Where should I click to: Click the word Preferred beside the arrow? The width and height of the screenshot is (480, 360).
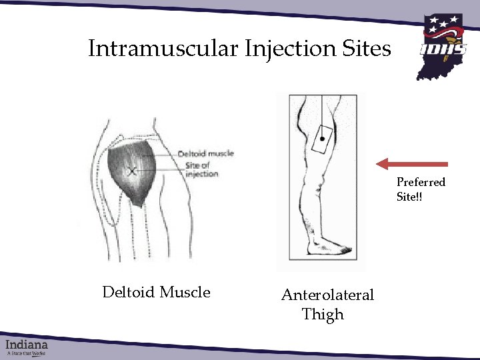pos(421,182)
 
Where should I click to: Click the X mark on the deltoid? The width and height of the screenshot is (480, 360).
pos(132,171)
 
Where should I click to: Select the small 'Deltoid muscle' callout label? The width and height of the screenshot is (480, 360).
pos(205,153)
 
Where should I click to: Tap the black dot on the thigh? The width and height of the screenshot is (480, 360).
pos(323,139)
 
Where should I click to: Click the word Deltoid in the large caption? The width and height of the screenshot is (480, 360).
pos(128,293)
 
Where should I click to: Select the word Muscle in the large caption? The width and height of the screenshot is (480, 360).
pos(185,293)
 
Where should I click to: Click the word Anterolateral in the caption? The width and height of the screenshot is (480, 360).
pos(327,295)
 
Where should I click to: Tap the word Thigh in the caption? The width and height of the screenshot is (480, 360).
pos(323,315)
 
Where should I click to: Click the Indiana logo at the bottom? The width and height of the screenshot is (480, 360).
pos(27,347)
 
